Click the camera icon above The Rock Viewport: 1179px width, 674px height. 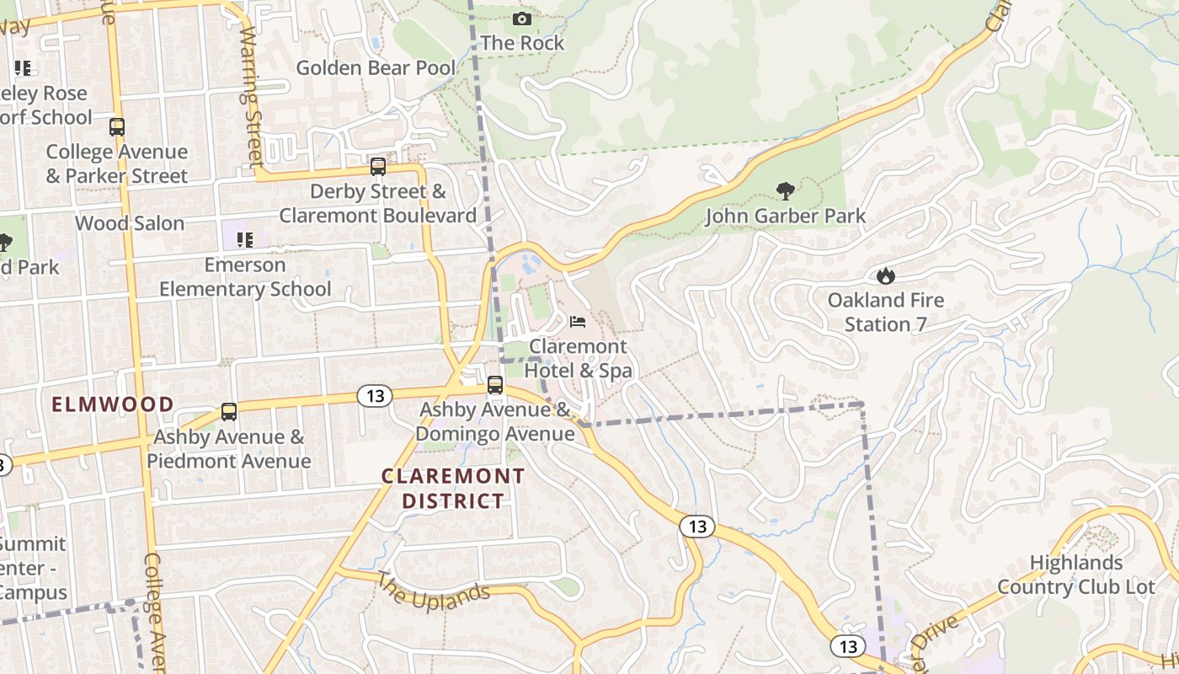coord(522,19)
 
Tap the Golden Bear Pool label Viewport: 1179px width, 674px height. coord(376,67)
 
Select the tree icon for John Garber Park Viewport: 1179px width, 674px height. coord(786,191)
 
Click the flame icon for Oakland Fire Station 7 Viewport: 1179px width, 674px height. coord(885,275)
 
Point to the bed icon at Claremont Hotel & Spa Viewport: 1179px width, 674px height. coord(578,322)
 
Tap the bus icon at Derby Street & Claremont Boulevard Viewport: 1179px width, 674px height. coord(378,167)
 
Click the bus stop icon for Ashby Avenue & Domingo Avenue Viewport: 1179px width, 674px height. coord(495,385)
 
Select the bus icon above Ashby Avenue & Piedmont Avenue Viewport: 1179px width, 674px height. coord(229,412)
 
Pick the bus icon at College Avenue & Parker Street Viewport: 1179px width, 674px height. coord(117,127)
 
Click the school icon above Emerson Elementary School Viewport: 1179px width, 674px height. coord(245,240)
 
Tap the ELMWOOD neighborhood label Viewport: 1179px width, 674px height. coord(113,404)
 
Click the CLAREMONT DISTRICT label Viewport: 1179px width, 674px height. coord(453,489)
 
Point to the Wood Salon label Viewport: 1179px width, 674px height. coord(130,223)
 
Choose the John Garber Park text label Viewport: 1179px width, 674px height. coord(785,217)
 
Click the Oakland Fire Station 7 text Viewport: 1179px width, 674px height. coord(885,312)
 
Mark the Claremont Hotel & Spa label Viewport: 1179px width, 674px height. coord(578,358)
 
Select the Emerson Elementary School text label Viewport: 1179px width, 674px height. coord(245,277)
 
